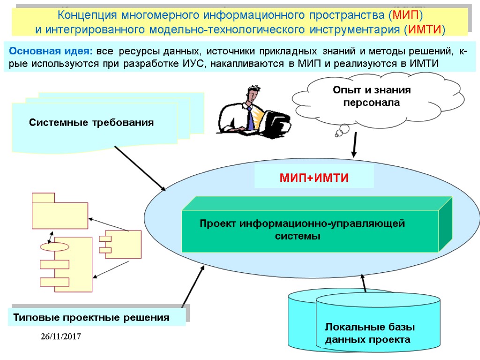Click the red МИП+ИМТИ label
tap(314, 178)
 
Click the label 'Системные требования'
tap(91, 123)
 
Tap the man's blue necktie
tap(251, 120)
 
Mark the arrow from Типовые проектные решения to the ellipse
tap(193, 286)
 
